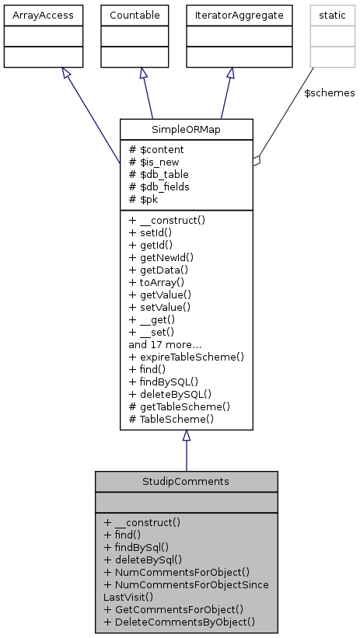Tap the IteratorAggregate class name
[x=229, y=14]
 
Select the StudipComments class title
[x=186, y=481]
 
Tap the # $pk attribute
[x=145, y=198]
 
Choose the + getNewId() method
[x=161, y=256]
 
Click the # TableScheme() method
[x=171, y=418]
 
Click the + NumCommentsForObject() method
[x=177, y=571]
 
